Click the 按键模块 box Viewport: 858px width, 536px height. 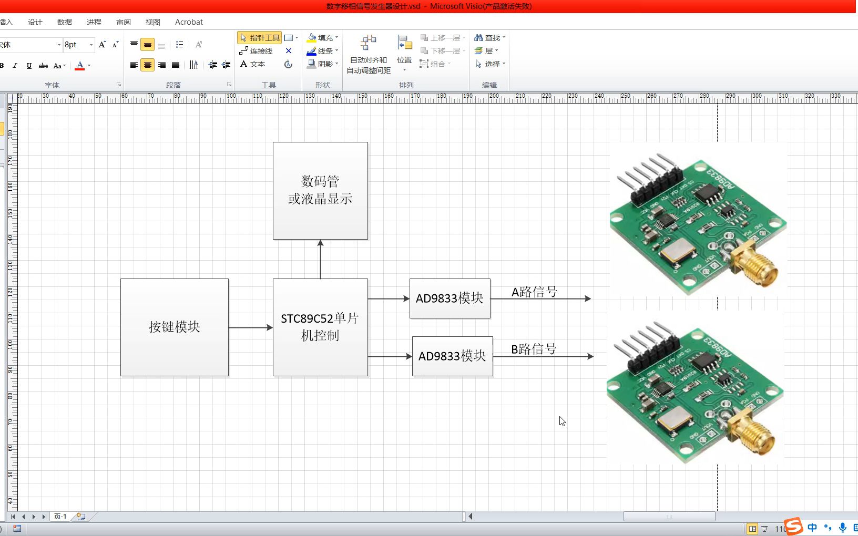coord(174,327)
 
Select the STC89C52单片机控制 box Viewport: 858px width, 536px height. coord(320,327)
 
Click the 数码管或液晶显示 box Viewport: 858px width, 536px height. coord(320,190)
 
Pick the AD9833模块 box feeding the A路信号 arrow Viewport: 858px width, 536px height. coord(450,298)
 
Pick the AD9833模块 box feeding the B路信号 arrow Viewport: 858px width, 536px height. coord(452,356)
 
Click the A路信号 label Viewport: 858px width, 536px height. coord(534,292)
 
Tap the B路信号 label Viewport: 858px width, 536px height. coord(533,349)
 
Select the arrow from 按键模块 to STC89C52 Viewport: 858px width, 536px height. coord(250,327)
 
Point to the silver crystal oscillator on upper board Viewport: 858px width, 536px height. coord(678,250)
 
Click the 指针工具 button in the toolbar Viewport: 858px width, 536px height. coord(259,38)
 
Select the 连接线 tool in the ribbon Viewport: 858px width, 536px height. coord(256,51)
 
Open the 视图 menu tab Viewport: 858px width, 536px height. coord(152,22)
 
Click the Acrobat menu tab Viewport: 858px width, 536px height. coord(189,22)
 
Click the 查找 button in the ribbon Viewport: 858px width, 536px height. coord(489,38)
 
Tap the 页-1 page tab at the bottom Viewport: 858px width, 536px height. coord(60,517)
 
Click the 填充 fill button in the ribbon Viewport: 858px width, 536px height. coord(322,38)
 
